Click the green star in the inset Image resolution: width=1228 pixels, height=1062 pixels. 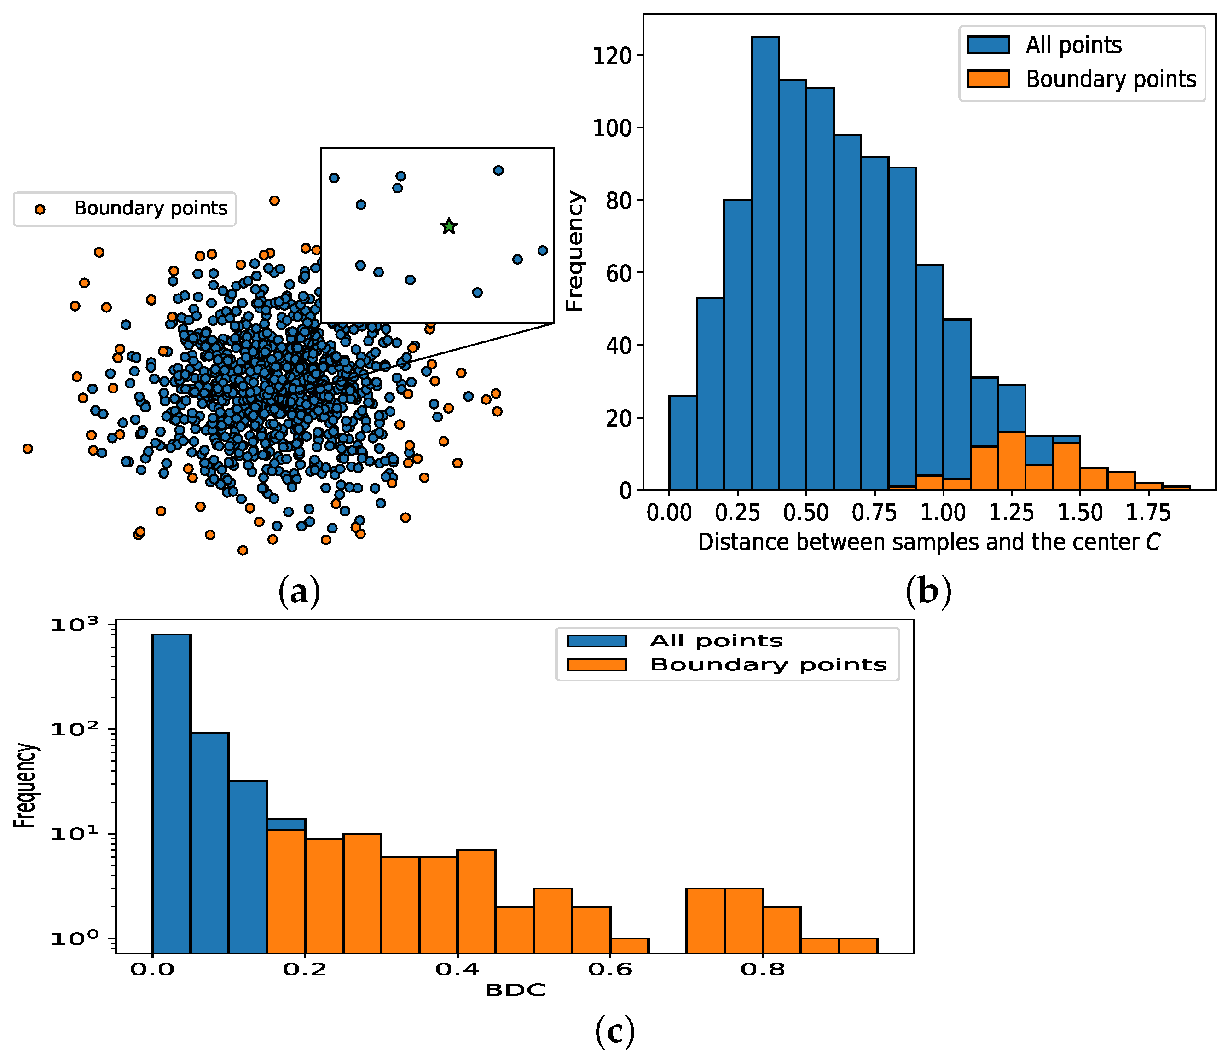tap(449, 226)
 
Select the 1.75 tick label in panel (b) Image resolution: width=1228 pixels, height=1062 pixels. tap(1148, 513)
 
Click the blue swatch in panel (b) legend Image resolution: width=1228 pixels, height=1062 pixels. tap(988, 45)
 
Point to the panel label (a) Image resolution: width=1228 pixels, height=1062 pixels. tap(299, 591)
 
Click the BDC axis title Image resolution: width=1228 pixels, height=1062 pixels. tap(515, 990)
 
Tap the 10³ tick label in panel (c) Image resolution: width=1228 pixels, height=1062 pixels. tap(76, 625)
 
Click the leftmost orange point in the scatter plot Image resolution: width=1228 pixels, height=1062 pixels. tap(27, 449)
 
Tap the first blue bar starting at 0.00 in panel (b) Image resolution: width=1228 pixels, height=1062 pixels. tap(683, 443)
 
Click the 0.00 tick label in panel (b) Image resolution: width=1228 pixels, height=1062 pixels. tap(669, 513)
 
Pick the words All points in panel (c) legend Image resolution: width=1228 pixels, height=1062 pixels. tap(716, 641)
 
